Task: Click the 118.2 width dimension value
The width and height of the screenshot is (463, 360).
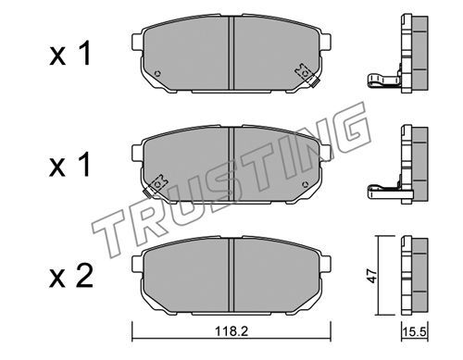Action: click(x=231, y=331)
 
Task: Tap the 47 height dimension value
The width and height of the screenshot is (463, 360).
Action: click(x=373, y=276)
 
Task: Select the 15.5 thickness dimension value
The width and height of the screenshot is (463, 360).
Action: click(x=414, y=332)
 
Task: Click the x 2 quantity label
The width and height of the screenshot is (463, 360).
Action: click(x=71, y=276)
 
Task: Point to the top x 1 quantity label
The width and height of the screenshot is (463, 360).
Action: click(x=70, y=53)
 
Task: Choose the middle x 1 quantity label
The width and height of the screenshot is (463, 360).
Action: click(x=70, y=165)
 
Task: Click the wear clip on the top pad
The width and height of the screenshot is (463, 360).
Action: click(x=307, y=75)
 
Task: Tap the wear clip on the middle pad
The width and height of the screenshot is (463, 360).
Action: click(x=156, y=186)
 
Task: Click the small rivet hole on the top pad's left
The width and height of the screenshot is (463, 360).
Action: click(x=157, y=74)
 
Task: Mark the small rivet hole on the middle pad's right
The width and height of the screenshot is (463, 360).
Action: click(x=306, y=184)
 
